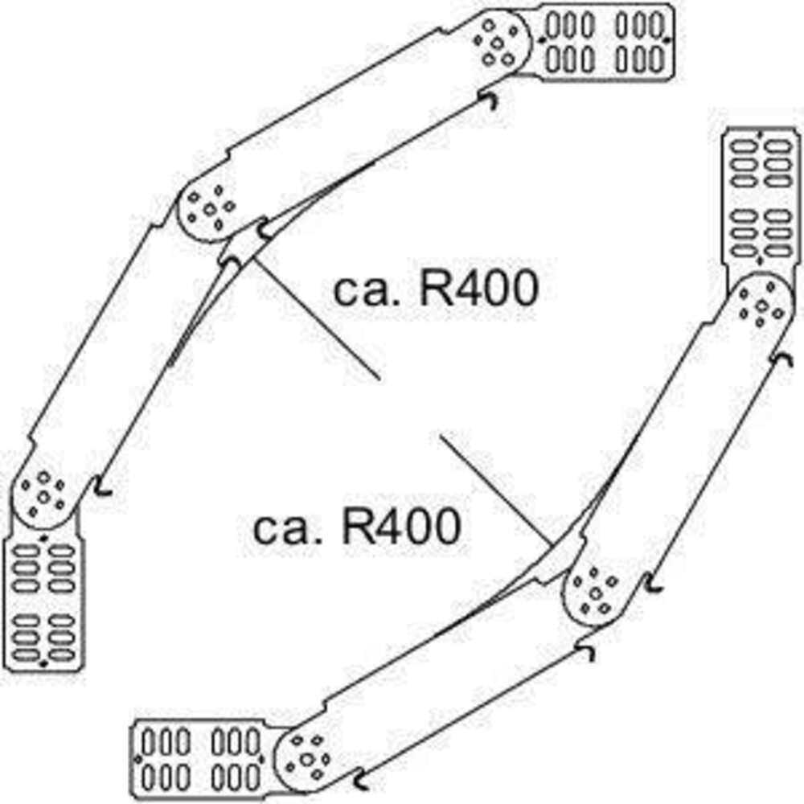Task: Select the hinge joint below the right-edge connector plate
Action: click(761, 306)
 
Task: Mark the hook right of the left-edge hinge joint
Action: click(102, 486)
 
